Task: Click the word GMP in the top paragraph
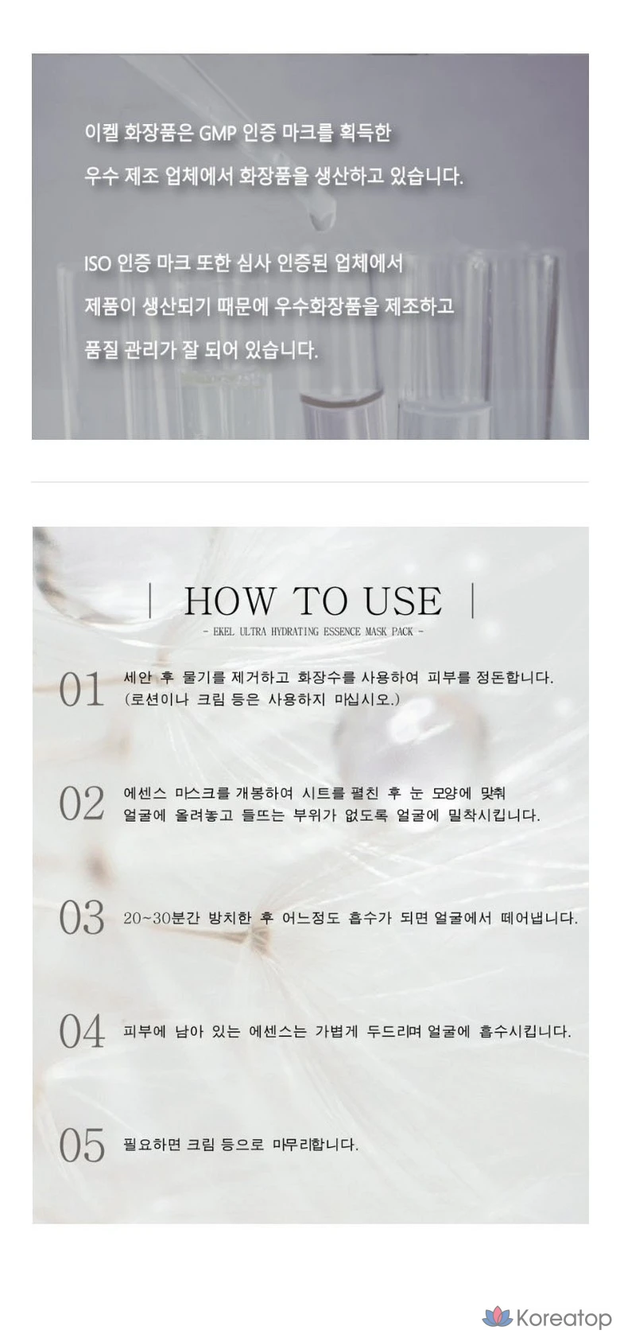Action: pos(217,133)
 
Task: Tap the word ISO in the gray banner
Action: pos(97,263)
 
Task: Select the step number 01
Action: pos(81,689)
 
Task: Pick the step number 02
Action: pos(81,803)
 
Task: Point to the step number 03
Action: pos(81,917)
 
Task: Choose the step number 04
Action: pos(81,1031)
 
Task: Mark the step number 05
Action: pos(81,1145)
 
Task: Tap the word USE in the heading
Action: pos(403,601)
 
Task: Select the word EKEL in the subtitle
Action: pos(223,632)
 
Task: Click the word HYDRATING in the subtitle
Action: pos(294,632)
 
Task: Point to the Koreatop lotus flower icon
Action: pos(497,1316)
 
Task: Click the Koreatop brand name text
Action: pos(564,1317)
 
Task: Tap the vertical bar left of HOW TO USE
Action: pos(149,601)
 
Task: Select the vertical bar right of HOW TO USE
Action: pos(473,601)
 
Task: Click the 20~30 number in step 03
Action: pos(147,917)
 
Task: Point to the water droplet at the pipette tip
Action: pos(321,221)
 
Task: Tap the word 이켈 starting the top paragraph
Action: pos(101,132)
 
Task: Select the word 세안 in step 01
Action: pos(137,678)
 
